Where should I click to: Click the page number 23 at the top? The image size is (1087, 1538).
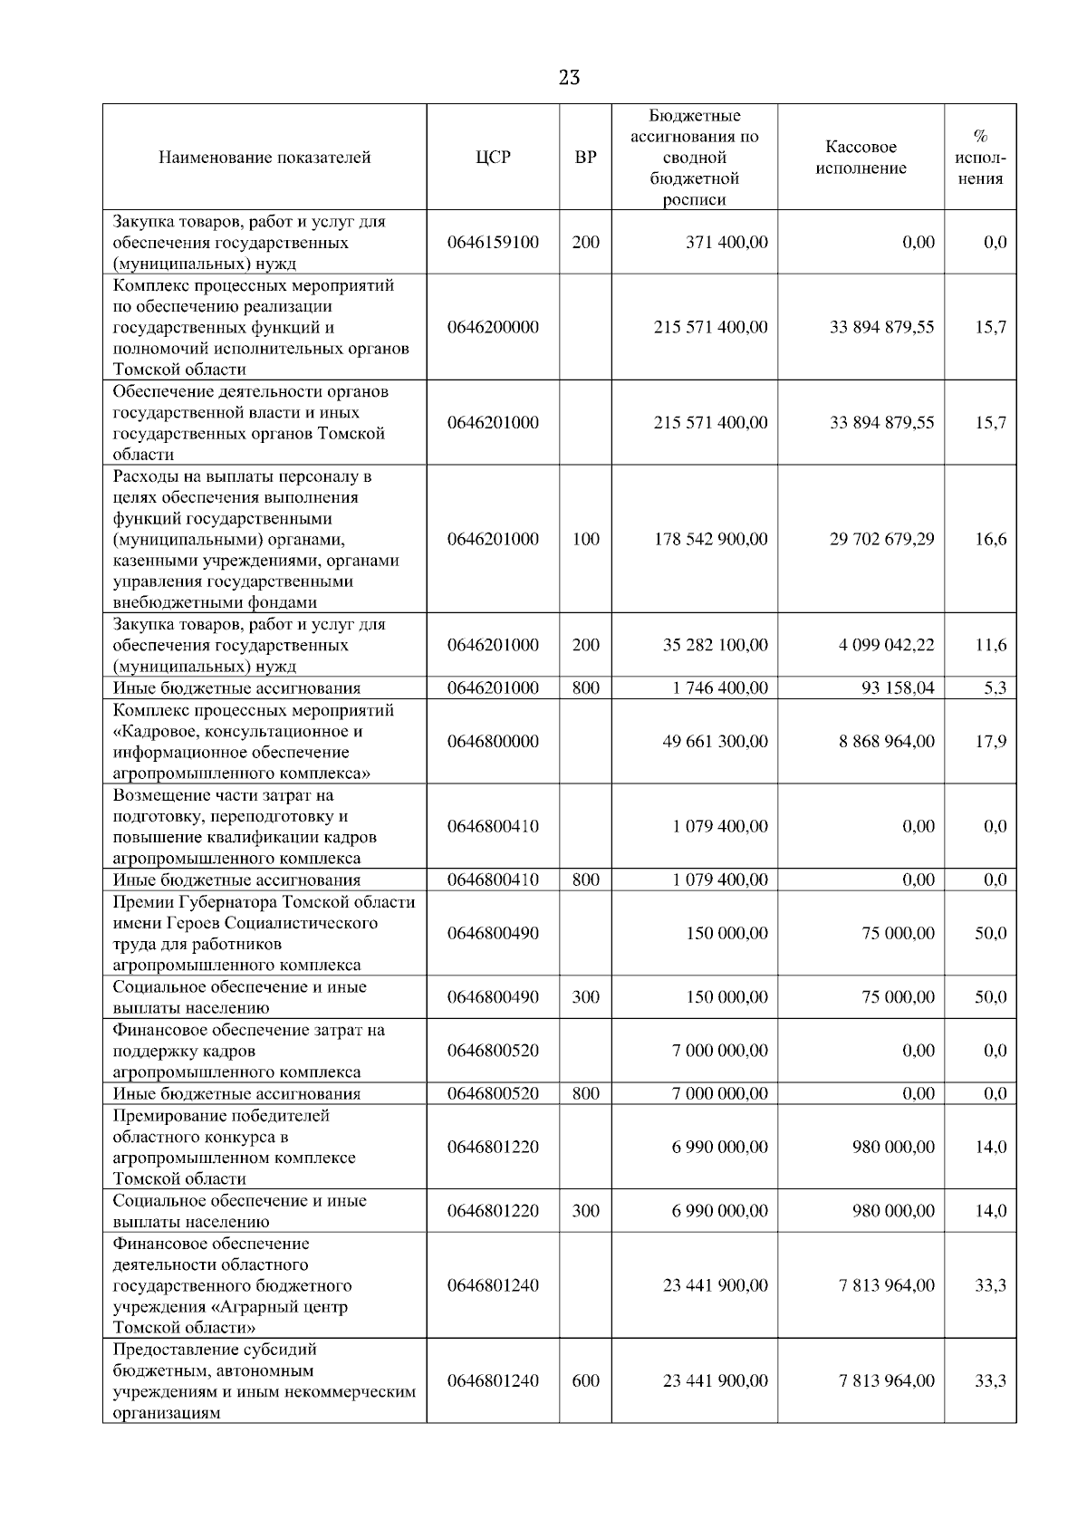tap(569, 78)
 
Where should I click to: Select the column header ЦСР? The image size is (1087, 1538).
tap(493, 158)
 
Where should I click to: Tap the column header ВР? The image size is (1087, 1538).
tap(586, 158)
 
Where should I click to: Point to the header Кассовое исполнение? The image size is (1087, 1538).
tap(861, 158)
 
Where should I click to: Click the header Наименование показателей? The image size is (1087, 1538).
tap(265, 158)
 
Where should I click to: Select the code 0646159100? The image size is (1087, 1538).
tap(493, 243)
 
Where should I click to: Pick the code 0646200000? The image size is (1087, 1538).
tap(493, 327)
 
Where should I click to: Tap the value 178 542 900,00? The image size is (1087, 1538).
tap(711, 539)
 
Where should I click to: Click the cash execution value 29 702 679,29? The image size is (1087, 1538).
tap(881, 539)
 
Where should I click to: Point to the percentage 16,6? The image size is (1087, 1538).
tap(990, 539)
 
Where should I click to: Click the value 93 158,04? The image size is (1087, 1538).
tap(898, 688)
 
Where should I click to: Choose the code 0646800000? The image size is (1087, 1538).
tap(493, 742)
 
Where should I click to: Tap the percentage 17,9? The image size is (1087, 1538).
tap(990, 742)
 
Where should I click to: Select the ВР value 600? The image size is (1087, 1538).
tap(586, 1381)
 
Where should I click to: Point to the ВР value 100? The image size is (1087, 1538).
tap(586, 539)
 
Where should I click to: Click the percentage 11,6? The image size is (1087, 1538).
tap(990, 645)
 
